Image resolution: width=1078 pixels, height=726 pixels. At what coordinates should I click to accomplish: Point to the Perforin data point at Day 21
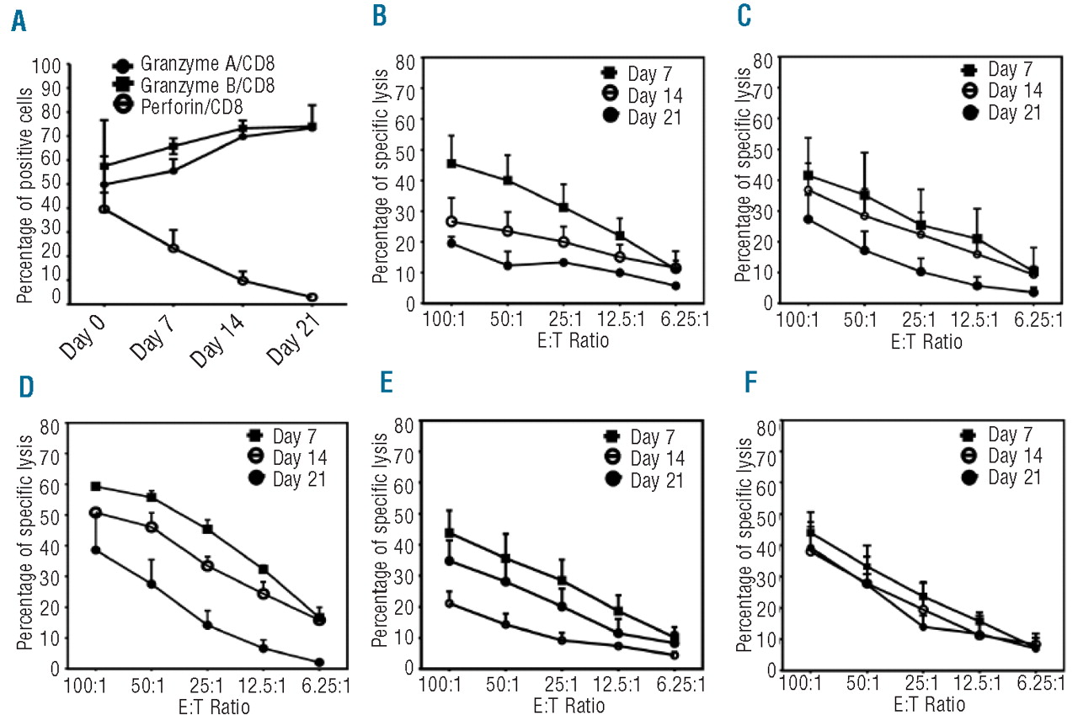(312, 297)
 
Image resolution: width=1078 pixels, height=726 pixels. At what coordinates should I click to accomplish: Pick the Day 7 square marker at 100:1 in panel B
(451, 163)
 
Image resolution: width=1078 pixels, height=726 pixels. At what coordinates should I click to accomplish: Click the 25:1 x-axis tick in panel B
(563, 320)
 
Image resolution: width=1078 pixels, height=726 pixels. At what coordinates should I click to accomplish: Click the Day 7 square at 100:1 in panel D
(95, 487)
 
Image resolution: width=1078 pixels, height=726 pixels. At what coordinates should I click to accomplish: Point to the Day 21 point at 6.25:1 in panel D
(319, 663)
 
